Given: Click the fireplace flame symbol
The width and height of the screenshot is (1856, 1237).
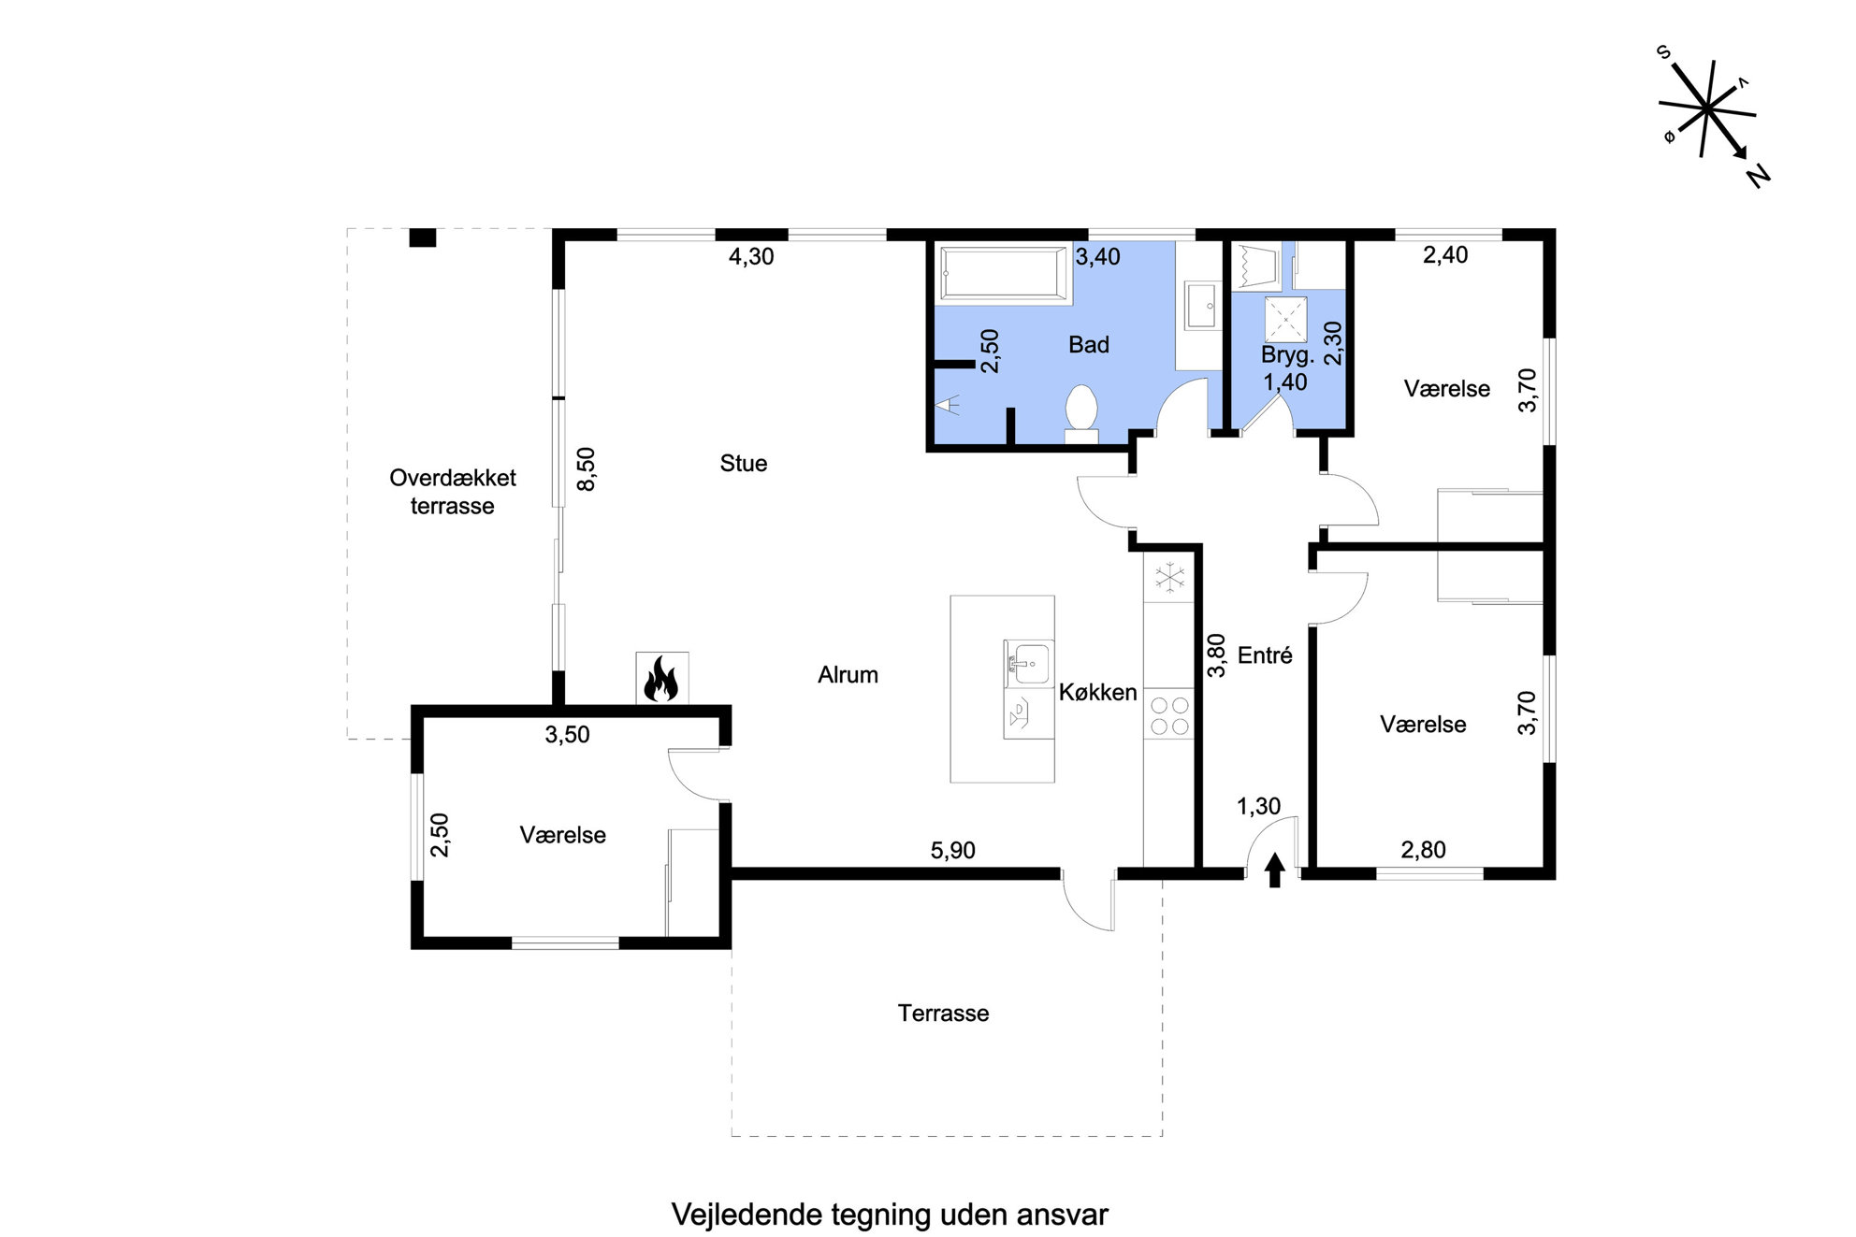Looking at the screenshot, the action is [x=661, y=678].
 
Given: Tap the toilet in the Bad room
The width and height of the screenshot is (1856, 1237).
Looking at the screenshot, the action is [x=1081, y=413].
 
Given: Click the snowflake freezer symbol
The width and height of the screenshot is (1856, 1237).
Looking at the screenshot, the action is [x=1168, y=577].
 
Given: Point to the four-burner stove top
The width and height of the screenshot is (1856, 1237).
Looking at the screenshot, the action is [x=1169, y=716].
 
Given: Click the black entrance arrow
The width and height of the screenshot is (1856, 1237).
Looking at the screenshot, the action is [x=1274, y=870].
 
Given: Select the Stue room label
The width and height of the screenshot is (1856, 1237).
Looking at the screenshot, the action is [x=744, y=463].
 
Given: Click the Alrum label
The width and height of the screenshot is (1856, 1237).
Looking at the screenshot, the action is [x=848, y=674].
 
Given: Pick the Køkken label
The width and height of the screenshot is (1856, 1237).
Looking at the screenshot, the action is [x=1097, y=692].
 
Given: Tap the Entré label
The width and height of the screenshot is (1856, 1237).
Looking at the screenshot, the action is [x=1265, y=654].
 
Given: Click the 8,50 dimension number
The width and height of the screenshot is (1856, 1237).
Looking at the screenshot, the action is [x=587, y=469].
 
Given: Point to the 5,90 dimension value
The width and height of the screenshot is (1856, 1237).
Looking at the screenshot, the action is [x=952, y=850].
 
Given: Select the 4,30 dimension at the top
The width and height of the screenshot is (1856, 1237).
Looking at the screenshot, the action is [x=751, y=256].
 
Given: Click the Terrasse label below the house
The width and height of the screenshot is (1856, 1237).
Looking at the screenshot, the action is [x=943, y=1013].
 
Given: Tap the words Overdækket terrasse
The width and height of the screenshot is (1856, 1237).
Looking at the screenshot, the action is [x=453, y=492].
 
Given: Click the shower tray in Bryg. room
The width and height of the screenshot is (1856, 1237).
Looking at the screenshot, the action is [x=1286, y=320].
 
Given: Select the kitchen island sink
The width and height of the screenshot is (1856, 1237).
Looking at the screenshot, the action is [x=1028, y=664].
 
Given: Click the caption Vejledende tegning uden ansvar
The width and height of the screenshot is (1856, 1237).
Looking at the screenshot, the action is [x=890, y=1214].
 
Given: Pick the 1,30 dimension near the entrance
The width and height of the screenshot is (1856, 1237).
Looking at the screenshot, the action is [x=1258, y=806].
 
